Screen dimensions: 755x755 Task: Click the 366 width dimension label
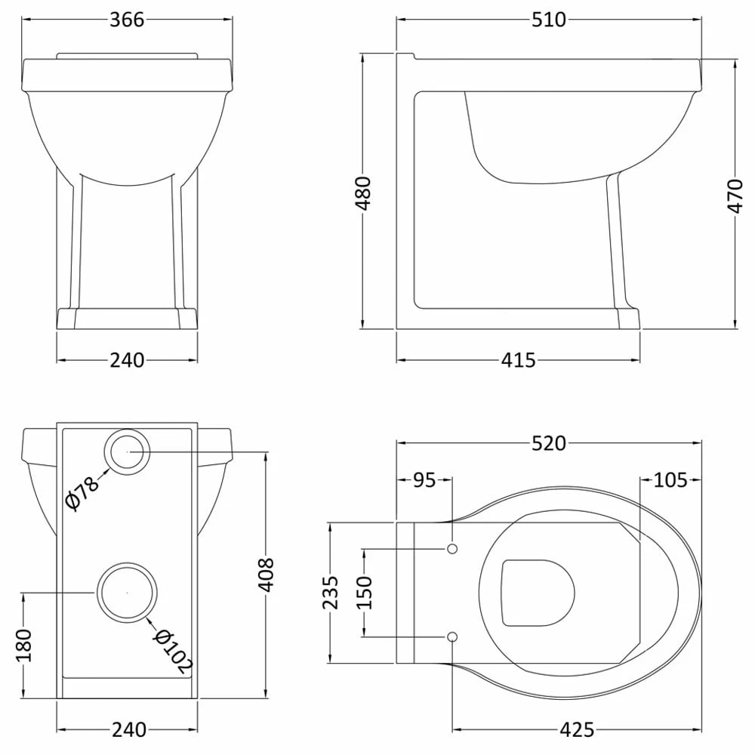(x=127, y=20)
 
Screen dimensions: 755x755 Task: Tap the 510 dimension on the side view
(x=549, y=20)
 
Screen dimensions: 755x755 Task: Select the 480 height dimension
(x=364, y=193)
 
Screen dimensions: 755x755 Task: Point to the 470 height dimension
(x=735, y=196)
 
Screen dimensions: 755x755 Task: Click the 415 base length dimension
(x=519, y=360)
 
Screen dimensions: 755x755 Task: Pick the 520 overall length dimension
(x=549, y=443)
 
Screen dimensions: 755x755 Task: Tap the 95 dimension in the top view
(x=424, y=480)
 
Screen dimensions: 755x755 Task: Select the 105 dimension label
(x=670, y=480)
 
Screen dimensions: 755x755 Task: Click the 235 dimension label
(x=331, y=592)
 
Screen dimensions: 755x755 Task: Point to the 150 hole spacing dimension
(x=365, y=592)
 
